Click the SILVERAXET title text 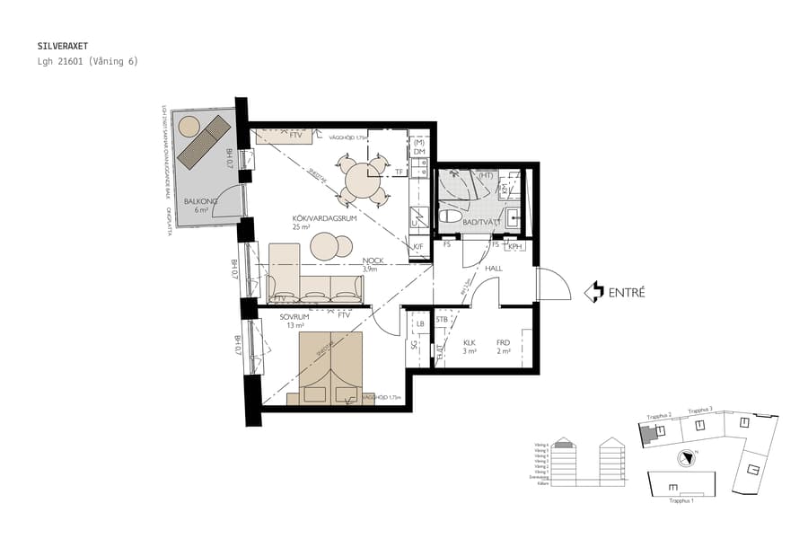[x=63, y=44]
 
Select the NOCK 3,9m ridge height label [x=373, y=264]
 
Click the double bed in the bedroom [x=329, y=368]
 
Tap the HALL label [x=494, y=268]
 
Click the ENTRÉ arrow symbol [x=593, y=292]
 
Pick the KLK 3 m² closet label [x=470, y=347]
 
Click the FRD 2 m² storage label [x=504, y=347]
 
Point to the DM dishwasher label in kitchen [x=419, y=152]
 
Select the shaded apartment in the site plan [x=647, y=434]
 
